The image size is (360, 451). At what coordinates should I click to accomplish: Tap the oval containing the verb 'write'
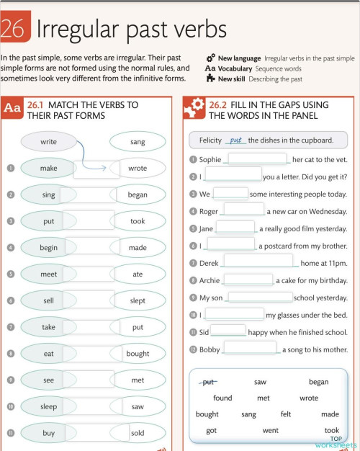(x=48, y=142)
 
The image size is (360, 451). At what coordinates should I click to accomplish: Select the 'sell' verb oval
(x=48, y=300)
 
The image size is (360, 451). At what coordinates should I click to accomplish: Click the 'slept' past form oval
(x=138, y=300)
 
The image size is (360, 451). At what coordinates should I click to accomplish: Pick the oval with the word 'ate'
(x=138, y=274)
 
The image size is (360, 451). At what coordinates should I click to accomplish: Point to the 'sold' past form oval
(x=138, y=433)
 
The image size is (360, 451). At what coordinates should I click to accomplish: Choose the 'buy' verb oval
(x=48, y=433)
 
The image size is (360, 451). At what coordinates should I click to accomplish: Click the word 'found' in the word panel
(x=222, y=398)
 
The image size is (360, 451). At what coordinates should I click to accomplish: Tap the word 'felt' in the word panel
(x=286, y=414)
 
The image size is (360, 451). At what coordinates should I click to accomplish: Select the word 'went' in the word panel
(x=270, y=430)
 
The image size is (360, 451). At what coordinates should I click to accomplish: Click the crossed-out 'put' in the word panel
(x=209, y=382)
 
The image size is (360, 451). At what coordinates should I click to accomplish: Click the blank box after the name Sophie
(x=258, y=159)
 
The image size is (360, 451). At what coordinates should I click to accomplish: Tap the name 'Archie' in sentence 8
(x=211, y=280)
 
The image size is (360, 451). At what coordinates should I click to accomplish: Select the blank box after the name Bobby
(x=250, y=349)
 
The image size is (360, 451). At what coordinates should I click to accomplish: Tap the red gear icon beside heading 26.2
(x=194, y=110)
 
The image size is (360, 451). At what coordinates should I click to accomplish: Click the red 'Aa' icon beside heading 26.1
(x=12, y=110)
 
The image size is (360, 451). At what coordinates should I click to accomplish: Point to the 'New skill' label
(x=235, y=79)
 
